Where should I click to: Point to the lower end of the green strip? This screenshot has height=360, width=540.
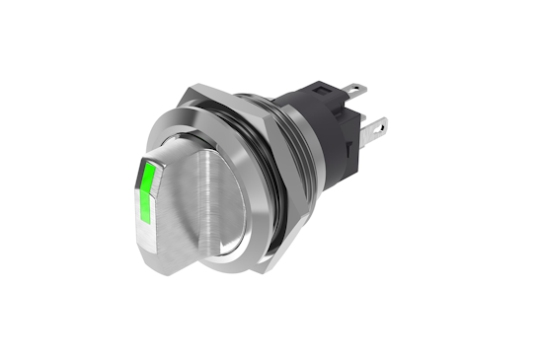144,222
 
